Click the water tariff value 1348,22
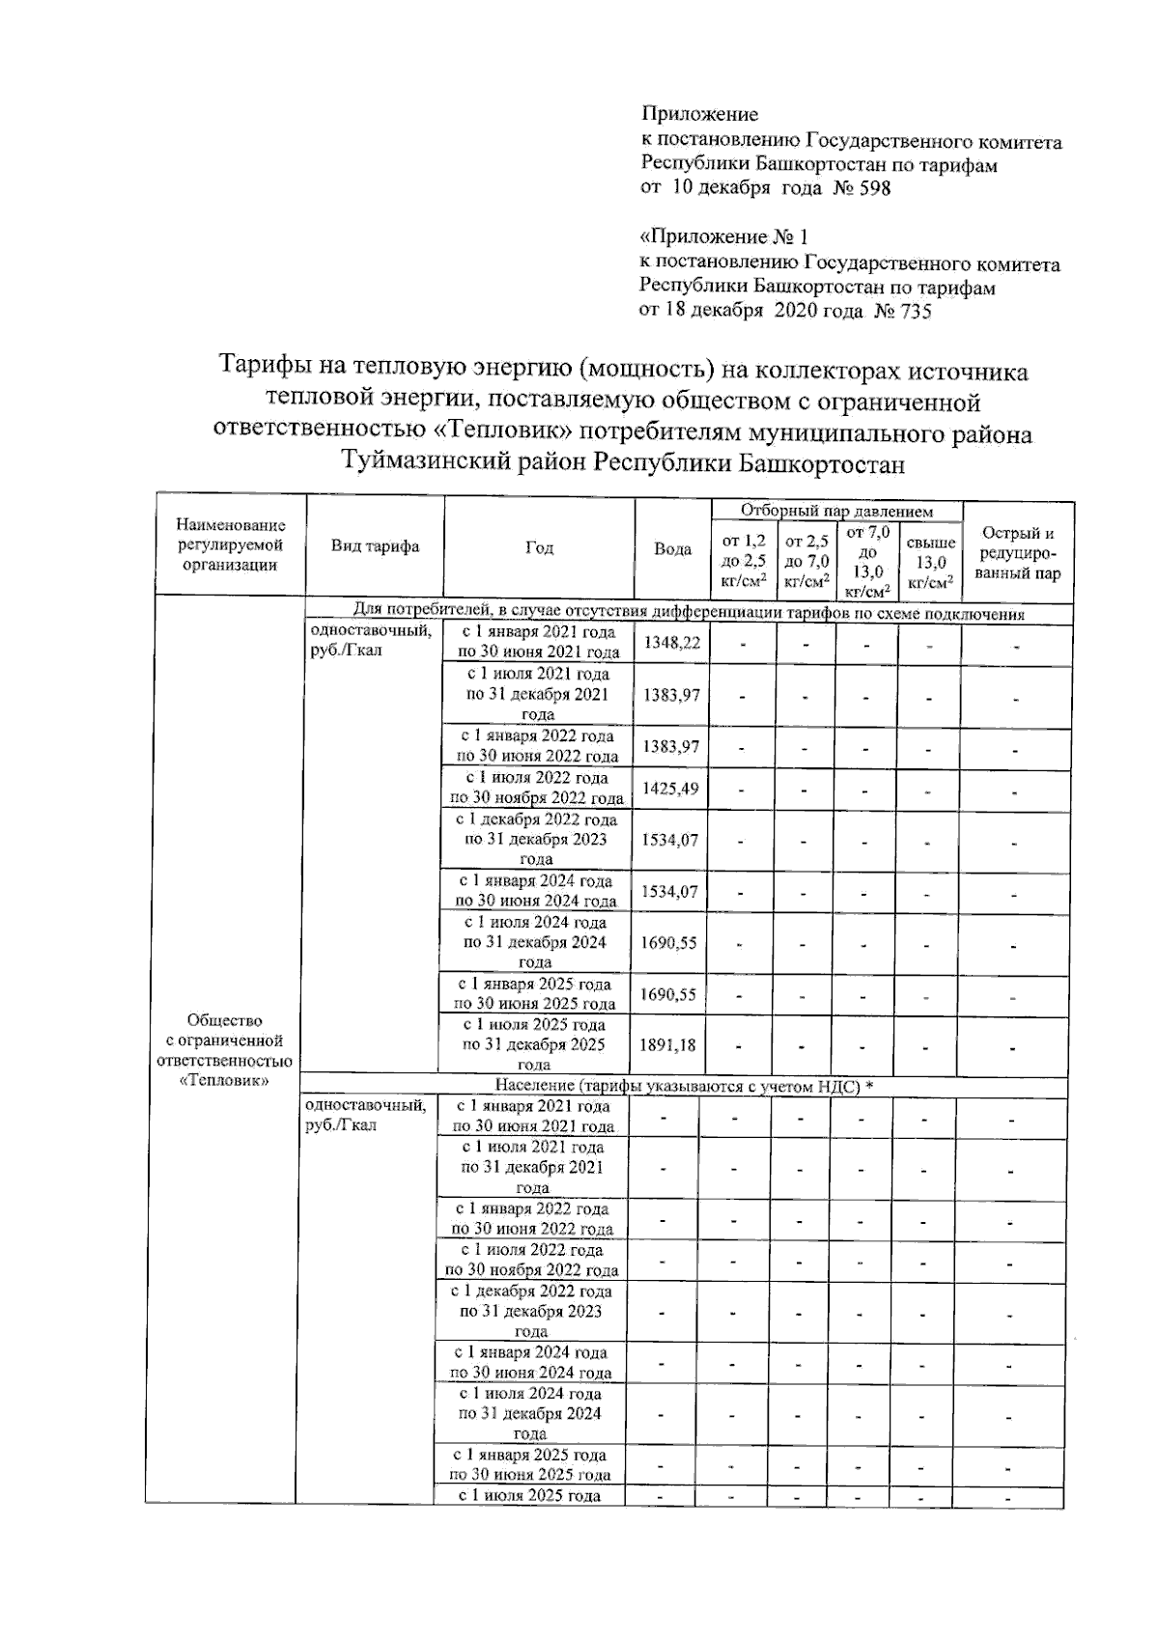click(x=671, y=643)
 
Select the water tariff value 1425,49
click(x=669, y=789)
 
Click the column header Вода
click(x=672, y=549)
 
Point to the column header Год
click(x=539, y=547)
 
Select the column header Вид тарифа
click(x=375, y=546)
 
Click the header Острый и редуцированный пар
click(x=1017, y=553)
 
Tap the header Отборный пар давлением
click(x=836, y=511)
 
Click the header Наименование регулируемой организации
click(x=231, y=545)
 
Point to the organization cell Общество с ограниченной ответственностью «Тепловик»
click(x=225, y=1050)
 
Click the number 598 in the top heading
click(x=874, y=188)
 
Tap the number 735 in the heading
click(x=915, y=311)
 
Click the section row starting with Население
click(x=684, y=1087)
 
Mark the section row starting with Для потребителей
click(x=688, y=615)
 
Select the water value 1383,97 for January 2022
click(x=670, y=746)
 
